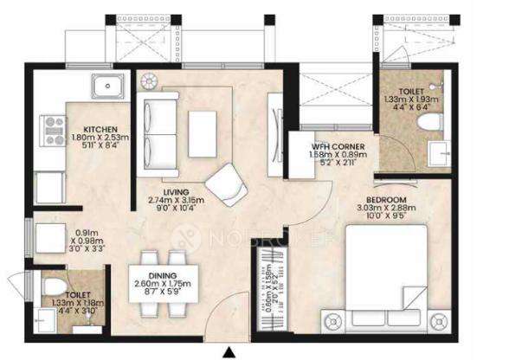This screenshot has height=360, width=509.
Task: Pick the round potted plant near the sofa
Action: pos(145,80)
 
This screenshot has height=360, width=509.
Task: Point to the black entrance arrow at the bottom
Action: pos(229,351)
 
